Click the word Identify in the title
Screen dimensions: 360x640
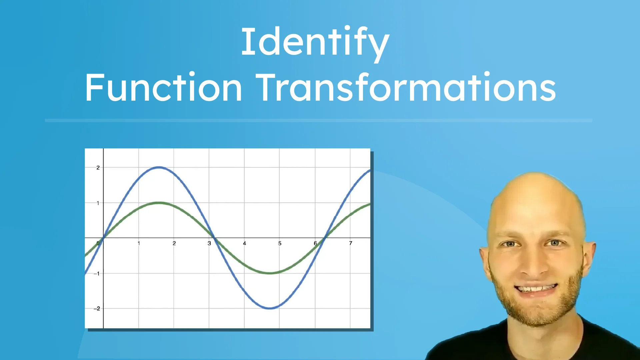click(315, 43)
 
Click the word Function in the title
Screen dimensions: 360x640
click(163, 88)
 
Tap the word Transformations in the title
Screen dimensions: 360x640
click(406, 88)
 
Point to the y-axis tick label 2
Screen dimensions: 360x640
click(98, 168)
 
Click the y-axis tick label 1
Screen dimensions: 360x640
click(98, 203)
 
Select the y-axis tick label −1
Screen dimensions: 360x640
click(97, 274)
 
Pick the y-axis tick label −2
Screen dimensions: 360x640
click(97, 309)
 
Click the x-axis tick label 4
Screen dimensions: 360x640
click(244, 243)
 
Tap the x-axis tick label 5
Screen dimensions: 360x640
click(280, 243)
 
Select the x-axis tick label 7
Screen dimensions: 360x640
click(350, 243)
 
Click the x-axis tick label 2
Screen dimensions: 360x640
click(174, 243)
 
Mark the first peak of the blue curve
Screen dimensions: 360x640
click(159, 167)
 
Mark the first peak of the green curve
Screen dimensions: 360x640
click(159, 203)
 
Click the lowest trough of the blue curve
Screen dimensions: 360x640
click(270, 308)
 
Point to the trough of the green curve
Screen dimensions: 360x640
click(270, 273)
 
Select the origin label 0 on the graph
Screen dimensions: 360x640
click(98, 243)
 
